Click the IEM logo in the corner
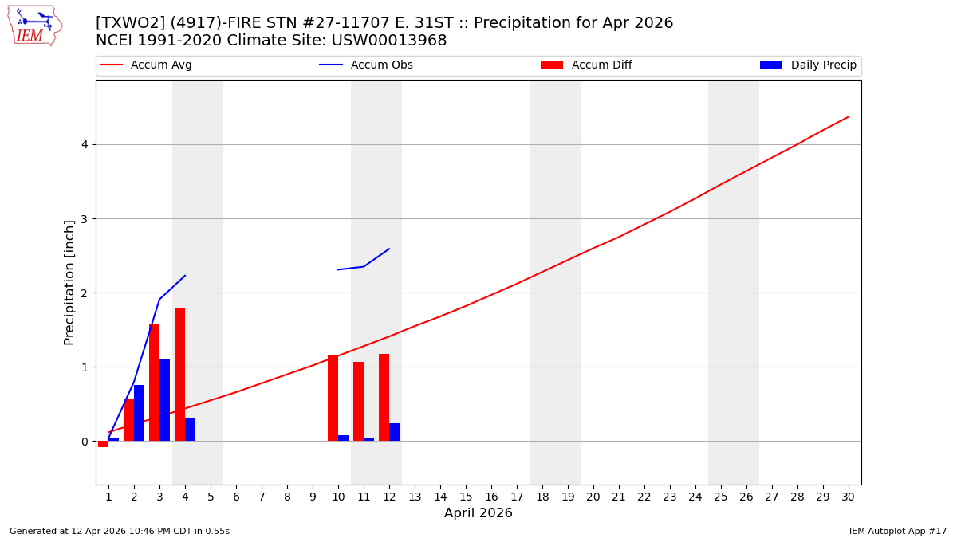pyautogui.click(x=34, y=26)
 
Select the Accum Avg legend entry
pyautogui.click(x=160, y=65)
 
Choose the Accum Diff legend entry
pyautogui.click(x=601, y=65)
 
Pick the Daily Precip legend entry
pyautogui.click(x=823, y=65)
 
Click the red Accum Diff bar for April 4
pyautogui.click(x=179, y=375)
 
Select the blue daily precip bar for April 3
pyautogui.click(x=164, y=400)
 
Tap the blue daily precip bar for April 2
pyautogui.click(x=139, y=413)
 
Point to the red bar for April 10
pyautogui.click(x=333, y=398)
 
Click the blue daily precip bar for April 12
pyautogui.click(x=394, y=432)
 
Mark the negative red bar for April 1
pyautogui.click(x=103, y=444)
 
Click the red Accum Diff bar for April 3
pyautogui.click(x=154, y=383)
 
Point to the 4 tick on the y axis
pyautogui.click(x=83, y=144)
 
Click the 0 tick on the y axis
pyautogui.click(x=83, y=442)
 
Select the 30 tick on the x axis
pyautogui.click(x=848, y=497)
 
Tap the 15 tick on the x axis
pyautogui.click(x=466, y=497)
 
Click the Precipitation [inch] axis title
pyautogui.click(x=69, y=282)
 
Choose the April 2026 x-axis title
pyautogui.click(x=478, y=513)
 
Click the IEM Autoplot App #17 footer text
pyautogui.click(x=898, y=531)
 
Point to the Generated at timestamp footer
pyautogui.click(x=120, y=531)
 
